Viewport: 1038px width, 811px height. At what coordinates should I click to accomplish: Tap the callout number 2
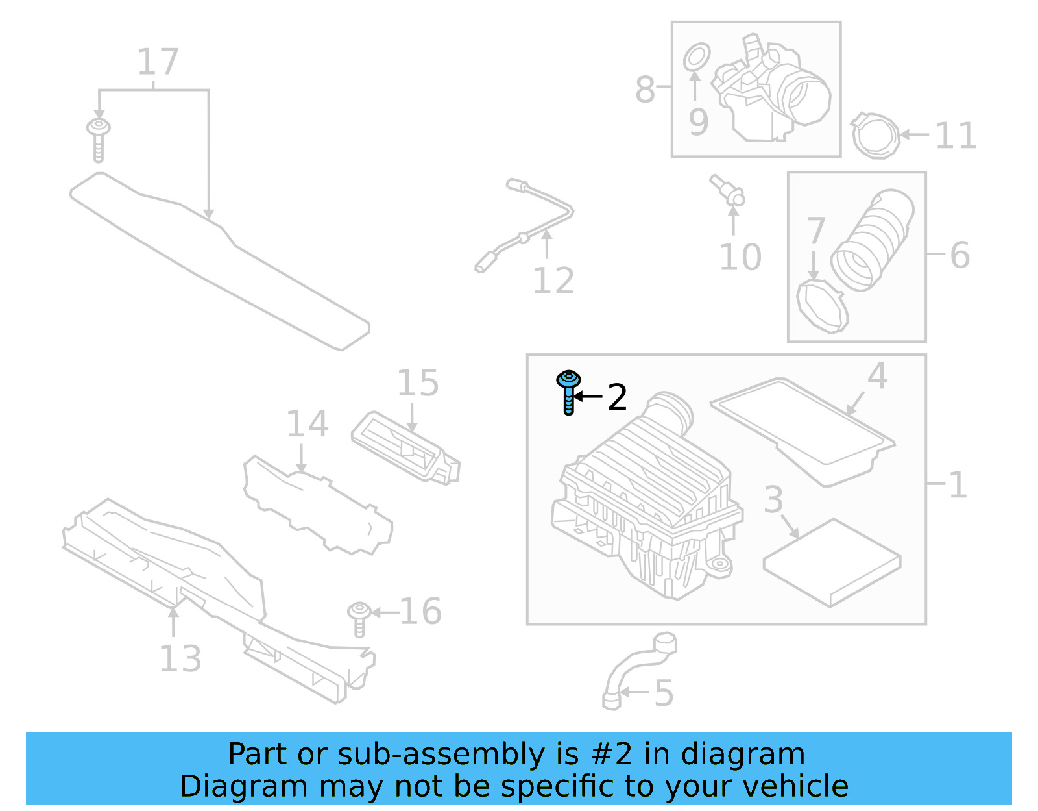tap(617, 397)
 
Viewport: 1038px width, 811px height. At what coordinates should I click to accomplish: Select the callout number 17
tap(158, 62)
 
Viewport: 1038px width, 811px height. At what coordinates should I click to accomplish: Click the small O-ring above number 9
tap(697, 57)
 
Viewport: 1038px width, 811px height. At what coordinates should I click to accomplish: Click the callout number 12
tap(553, 281)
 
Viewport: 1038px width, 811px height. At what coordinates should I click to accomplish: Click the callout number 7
tap(815, 231)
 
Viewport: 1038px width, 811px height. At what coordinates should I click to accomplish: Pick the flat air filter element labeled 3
tap(832, 562)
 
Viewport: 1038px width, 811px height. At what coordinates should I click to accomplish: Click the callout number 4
tap(877, 376)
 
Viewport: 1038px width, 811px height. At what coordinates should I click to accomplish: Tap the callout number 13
tap(180, 658)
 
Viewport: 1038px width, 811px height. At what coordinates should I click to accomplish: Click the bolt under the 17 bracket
tap(98, 138)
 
